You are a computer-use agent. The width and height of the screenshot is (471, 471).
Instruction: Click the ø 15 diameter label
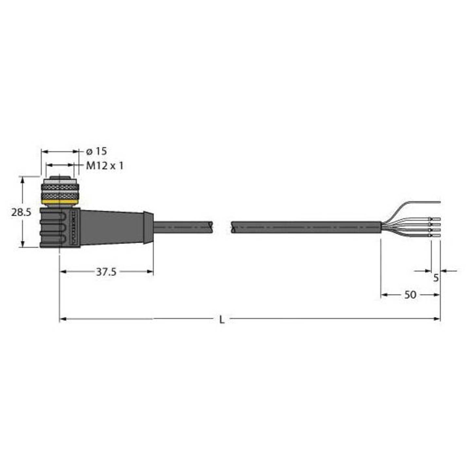pos(96,151)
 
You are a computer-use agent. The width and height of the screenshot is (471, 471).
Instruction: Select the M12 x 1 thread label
pos(105,166)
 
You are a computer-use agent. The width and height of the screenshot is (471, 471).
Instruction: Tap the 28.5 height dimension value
pos(21,212)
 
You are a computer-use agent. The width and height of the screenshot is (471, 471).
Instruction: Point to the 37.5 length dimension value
pos(106,272)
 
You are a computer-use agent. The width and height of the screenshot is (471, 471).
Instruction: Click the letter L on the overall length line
pos(222,320)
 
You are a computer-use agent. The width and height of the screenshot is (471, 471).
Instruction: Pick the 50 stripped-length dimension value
pos(410,295)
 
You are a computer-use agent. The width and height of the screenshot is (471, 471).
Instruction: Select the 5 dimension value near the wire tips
pos(436,278)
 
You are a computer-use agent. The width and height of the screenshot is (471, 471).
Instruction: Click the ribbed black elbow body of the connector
pos(56,227)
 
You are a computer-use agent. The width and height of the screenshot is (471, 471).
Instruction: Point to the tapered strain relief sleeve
pos(111,227)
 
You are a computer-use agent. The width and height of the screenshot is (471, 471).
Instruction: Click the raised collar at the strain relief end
pos(148,227)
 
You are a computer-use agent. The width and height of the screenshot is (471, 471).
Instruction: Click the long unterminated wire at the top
pos(422,201)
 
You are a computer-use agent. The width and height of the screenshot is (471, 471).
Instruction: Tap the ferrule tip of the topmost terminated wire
pos(437,219)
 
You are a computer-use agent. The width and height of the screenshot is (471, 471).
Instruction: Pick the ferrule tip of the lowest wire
pos(437,235)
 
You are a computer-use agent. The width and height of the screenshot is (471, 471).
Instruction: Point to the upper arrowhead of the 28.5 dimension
pos(22,180)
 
